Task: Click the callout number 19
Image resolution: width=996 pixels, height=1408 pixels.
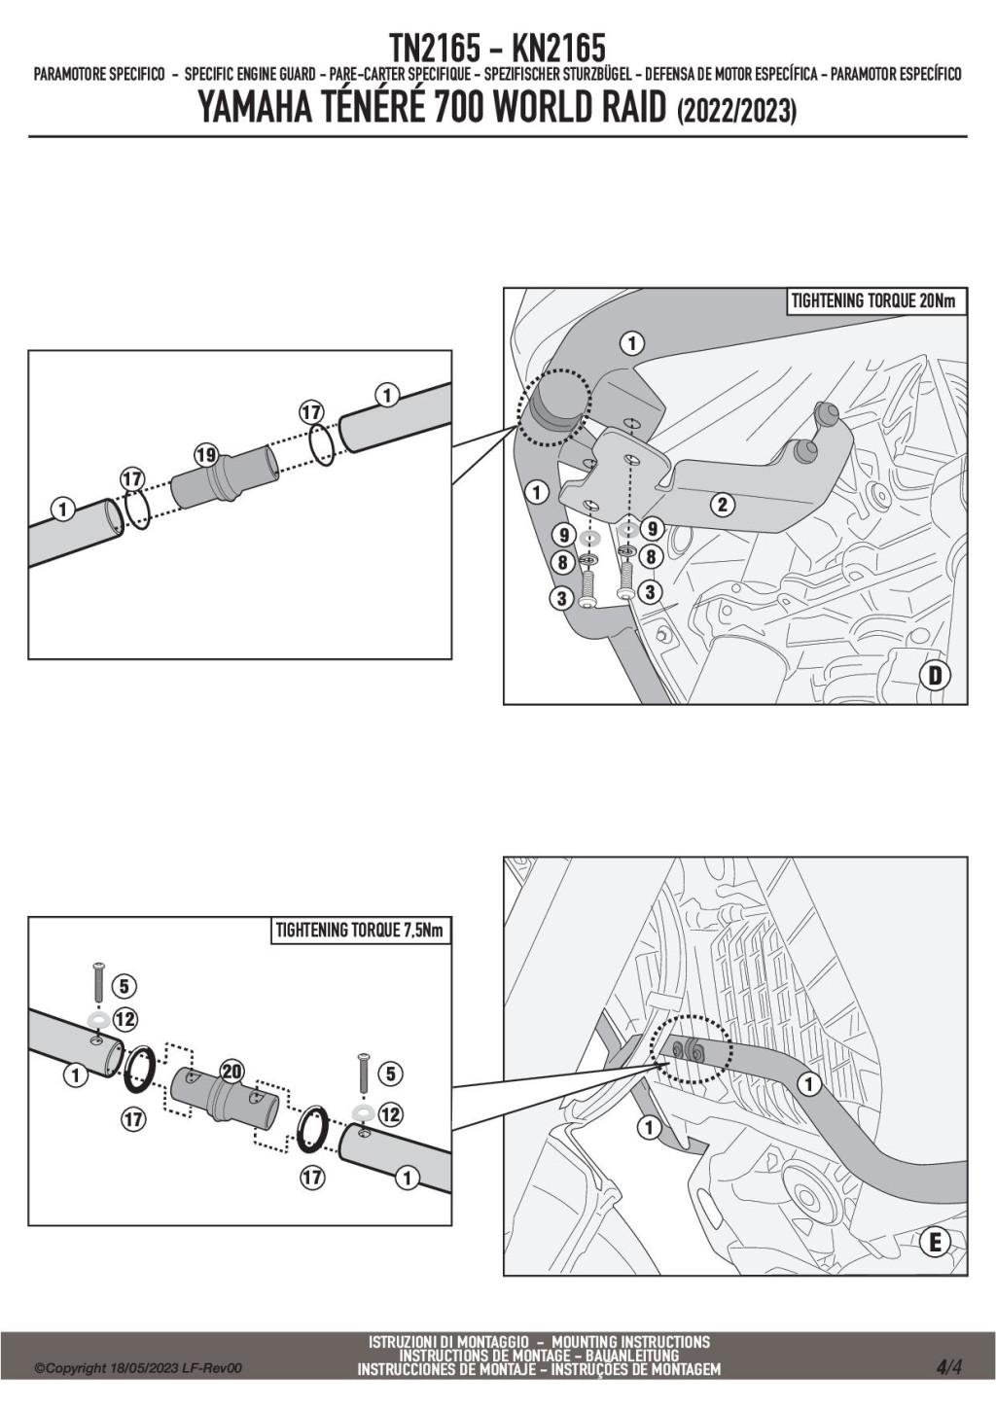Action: pyautogui.click(x=205, y=454)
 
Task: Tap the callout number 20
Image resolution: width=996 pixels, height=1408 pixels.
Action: pyautogui.click(x=231, y=1072)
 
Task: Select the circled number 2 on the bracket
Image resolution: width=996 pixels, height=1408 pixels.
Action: pyautogui.click(x=721, y=504)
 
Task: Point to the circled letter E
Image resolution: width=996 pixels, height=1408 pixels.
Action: pyautogui.click(x=935, y=1242)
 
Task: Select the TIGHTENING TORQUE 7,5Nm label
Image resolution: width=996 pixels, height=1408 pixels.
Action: pyautogui.click(x=359, y=931)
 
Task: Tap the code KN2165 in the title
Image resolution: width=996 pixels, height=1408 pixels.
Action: pyautogui.click(x=557, y=47)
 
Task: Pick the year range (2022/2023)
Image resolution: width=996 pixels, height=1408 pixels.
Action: pyautogui.click(x=734, y=112)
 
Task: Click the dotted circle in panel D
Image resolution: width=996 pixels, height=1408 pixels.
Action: pyautogui.click(x=554, y=405)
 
